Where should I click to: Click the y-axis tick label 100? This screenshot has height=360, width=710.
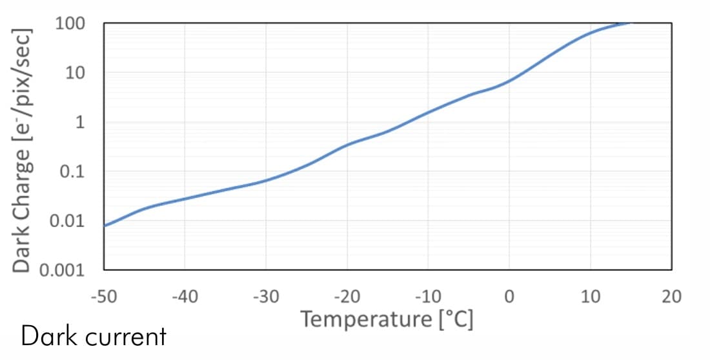click(71, 24)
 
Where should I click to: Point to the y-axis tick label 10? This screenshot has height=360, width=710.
click(76, 73)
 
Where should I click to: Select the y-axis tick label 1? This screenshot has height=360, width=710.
click(80, 123)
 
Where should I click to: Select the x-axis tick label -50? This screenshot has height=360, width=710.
click(103, 297)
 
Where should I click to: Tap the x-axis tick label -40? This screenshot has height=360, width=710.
click(185, 297)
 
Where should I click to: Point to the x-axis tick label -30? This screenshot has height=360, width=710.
click(266, 297)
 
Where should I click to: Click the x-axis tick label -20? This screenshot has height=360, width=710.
click(347, 297)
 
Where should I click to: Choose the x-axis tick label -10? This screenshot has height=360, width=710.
click(428, 297)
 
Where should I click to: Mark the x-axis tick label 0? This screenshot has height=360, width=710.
click(509, 297)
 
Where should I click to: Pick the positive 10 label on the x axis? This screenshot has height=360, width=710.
click(591, 297)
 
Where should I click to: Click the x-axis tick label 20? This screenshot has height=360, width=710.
click(671, 297)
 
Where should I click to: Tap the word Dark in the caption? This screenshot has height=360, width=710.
click(45, 336)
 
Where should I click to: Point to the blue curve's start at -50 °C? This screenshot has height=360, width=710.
click(105, 225)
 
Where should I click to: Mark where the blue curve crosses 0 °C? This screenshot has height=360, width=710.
click(509, 81)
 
